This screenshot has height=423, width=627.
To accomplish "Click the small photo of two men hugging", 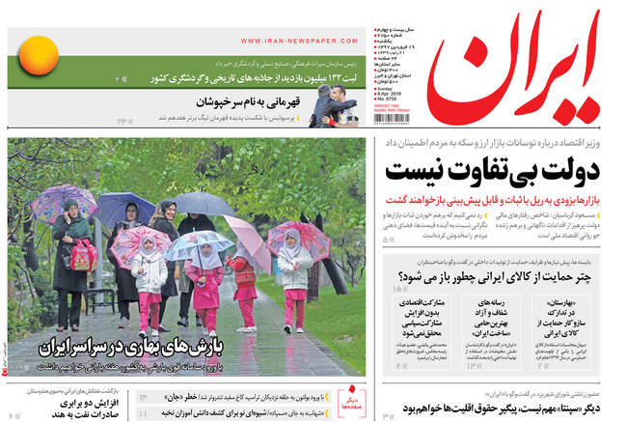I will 333,105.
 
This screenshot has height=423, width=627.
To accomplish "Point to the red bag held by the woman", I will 83,255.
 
